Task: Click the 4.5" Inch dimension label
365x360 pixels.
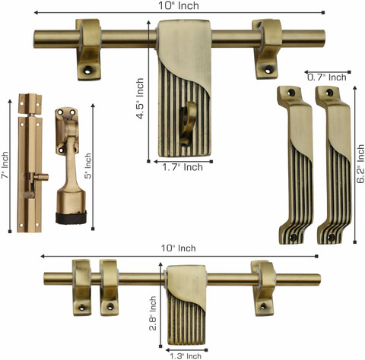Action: pos(140,98)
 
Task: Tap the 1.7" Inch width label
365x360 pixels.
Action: pos(182,167)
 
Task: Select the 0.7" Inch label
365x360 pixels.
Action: pos(327,77)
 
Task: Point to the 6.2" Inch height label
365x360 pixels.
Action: pos(360,163)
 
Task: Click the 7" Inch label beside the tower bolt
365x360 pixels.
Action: pos(5,165)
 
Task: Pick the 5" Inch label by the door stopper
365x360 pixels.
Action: pos(87,166)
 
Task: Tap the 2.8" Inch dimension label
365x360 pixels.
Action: pos(153,314)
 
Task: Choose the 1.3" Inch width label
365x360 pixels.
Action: pos(186,356)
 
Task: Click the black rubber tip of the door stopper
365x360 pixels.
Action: pos(71,218)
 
